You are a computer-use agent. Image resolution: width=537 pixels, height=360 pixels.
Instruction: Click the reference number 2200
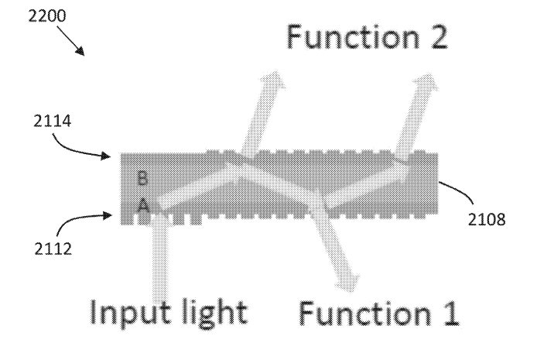coord(46,15)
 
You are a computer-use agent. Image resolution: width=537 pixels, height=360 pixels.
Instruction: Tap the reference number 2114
coord(52,121)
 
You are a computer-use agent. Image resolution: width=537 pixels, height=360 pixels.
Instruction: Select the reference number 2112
coord(53,249)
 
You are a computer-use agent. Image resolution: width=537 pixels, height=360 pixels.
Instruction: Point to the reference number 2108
coord(486,219)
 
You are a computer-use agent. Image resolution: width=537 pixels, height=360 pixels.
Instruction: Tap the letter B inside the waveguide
coord(142,178)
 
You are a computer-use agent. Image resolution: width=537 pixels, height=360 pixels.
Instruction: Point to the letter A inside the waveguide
coord(144,206)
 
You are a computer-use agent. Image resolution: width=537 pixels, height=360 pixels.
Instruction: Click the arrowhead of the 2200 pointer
coord(80,51)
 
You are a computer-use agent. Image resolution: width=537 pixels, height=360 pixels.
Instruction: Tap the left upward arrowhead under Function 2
coord(274,80)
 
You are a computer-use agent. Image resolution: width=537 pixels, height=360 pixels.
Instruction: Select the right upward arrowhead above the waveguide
coord(426,81)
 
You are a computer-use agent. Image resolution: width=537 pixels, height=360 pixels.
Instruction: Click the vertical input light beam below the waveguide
coord(160,259)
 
